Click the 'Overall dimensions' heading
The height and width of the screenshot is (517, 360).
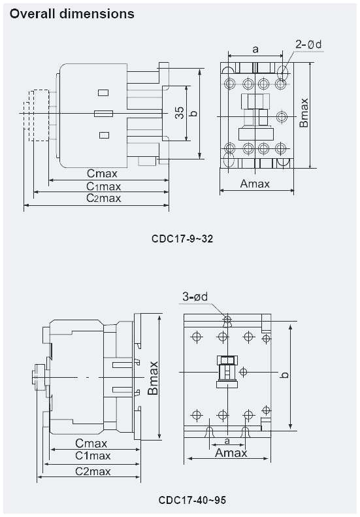tap(72, 13)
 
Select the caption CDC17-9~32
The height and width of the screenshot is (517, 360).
tap(182, 239)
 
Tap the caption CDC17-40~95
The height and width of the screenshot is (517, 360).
tap(192, 500)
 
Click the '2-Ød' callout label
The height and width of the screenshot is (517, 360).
tap(308, 45)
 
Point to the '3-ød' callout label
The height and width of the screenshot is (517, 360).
tap(195, 297)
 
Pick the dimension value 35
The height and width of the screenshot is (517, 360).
tap(179, 113)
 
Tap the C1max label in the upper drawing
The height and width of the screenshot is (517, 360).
tap(104, 186)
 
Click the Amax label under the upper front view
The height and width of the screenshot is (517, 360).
tap(255, 184)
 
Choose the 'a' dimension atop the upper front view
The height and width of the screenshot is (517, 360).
tap(255, 49)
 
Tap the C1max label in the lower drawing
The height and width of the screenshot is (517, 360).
tap(92, 456)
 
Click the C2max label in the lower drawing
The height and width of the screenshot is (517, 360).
tap(92, 471)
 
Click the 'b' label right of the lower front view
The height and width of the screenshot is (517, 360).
tap(284, 375)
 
